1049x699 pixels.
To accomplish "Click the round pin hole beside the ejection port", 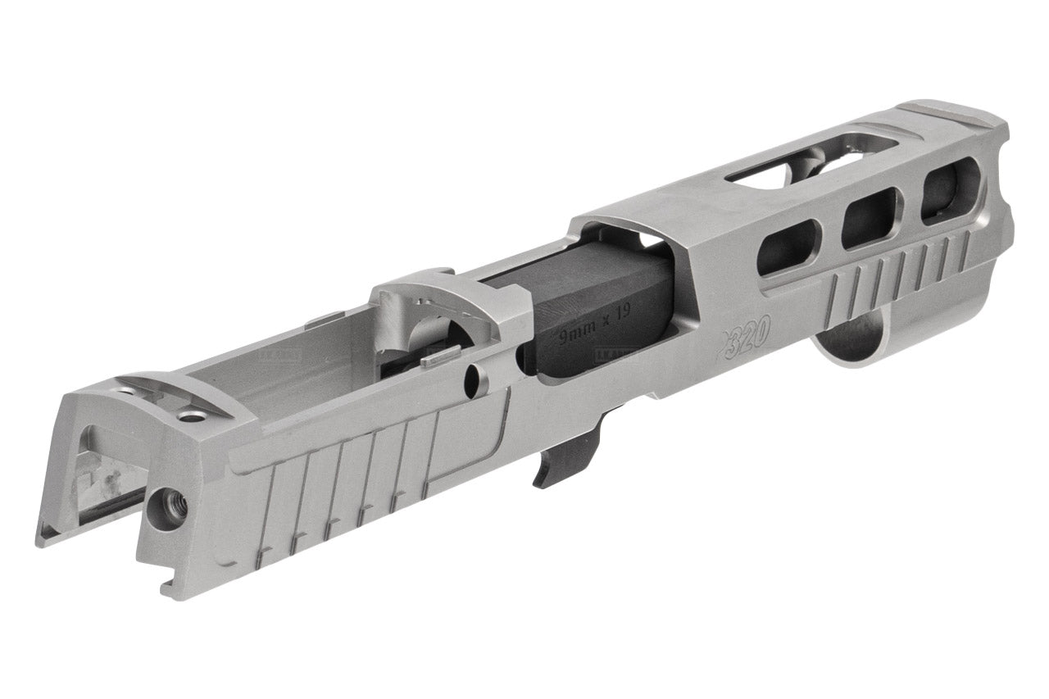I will pyautogui.click(x=474, y=378).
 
